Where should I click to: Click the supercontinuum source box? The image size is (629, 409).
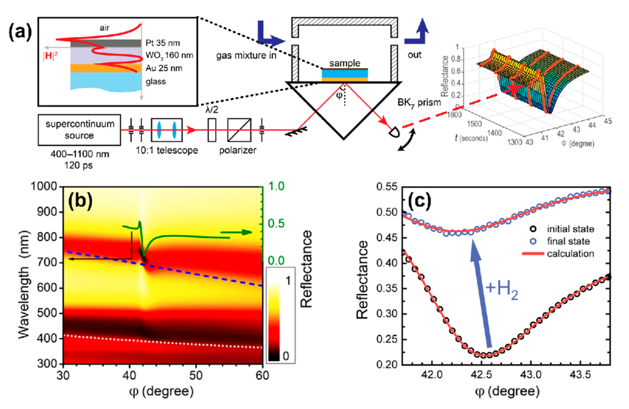79,130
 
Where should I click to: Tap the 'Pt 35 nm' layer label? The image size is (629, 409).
162,43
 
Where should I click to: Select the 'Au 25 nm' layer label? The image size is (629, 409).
164,68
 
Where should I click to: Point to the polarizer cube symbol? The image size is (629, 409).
239,130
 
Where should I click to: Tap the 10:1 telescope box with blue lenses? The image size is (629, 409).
167,130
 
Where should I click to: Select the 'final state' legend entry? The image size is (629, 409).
568,241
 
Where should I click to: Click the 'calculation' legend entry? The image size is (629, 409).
570,254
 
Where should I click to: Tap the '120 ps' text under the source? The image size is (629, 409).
79,165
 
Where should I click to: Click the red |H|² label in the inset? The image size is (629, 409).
50,56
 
